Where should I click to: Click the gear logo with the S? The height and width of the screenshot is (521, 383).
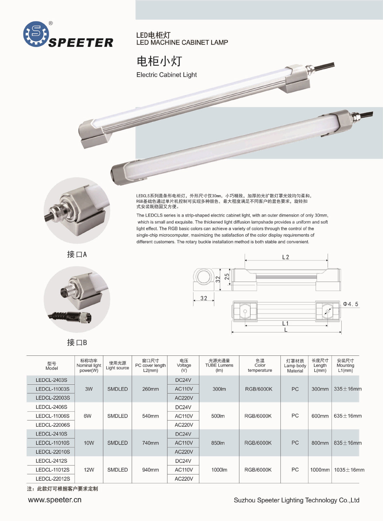pos(36,34)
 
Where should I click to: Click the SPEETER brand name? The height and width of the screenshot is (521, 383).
pos(81,43)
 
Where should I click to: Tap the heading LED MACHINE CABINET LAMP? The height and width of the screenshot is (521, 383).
pos(182,43)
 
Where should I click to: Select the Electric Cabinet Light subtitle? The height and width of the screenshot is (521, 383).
pos(166,75)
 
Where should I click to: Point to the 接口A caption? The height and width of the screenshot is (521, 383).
pos(77,254)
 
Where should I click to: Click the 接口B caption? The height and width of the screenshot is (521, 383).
pos(77,342)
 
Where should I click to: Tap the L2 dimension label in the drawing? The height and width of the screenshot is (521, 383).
pos(285,257)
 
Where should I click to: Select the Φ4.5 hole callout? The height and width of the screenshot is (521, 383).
pos(351,304)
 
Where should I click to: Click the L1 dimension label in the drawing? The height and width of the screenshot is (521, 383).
pos(285,323)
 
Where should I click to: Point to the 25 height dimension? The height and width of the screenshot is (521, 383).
pos(227,276)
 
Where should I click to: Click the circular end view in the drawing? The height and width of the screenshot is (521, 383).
pos(204,277)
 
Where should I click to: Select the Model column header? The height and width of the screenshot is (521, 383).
pos(52,366)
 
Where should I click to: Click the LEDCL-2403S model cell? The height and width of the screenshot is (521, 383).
pos(51,380)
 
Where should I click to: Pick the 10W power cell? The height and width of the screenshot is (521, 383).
pos(89,443)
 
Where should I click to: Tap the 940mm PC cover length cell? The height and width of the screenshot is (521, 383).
pos(150,470)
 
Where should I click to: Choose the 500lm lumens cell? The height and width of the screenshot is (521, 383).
pos(218,416)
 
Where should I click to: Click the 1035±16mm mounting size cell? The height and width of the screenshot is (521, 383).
pos(349,470)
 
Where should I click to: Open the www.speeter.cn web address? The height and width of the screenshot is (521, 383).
pos(55,500)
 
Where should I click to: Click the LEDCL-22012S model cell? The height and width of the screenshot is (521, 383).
pos(53,479)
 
